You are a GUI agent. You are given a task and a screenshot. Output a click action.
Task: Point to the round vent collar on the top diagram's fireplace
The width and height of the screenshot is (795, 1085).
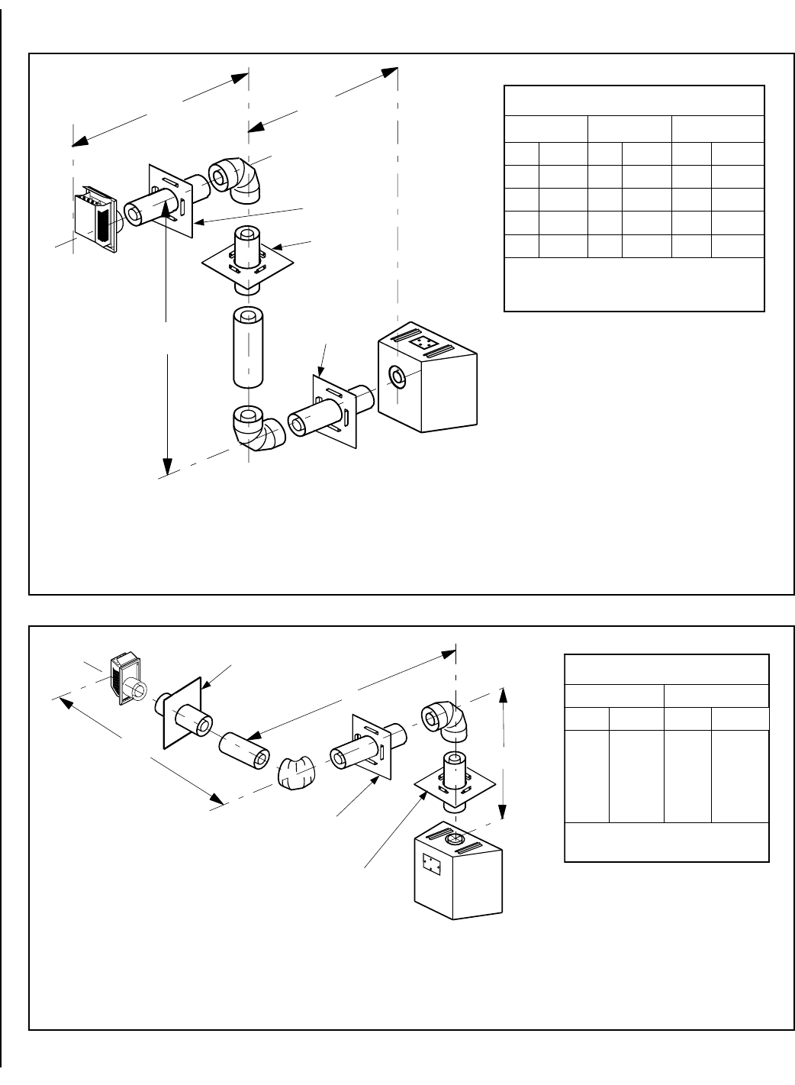pyautogui.click(x=398, y=376)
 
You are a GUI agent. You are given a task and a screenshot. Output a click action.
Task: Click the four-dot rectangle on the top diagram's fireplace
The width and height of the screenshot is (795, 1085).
pyautogui.click(x=423, y=344)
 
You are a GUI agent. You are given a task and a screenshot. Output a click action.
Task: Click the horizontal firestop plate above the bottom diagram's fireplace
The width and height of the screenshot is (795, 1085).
pyautogui.click(x=453, y=786)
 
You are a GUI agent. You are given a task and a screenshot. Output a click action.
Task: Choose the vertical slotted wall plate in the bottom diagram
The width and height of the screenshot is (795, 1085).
pyautogui.click(x=371, y=748)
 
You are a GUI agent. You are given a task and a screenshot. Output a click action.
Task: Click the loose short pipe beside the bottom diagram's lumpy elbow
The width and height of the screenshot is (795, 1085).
pyautogui.click(x=244, y=749)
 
